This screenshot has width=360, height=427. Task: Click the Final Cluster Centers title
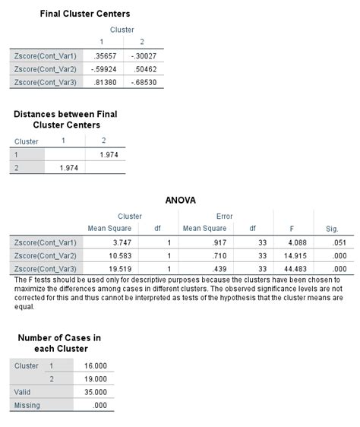(85, 14)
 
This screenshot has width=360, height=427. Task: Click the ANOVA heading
(180, 201)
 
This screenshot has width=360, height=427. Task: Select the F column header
(292, 228)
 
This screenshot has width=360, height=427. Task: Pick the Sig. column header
(332, 228)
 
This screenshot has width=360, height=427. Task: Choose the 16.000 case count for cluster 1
(95, 365)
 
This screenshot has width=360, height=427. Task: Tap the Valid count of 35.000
(95, 391)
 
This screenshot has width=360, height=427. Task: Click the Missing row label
(27, 405)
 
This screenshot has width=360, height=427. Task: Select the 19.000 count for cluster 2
(95, 378)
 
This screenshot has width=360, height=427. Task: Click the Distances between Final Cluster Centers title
(66, 119)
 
